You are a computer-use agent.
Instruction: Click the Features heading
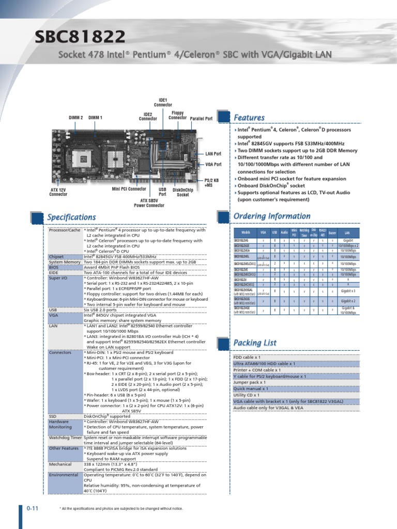click(x=250, y=118)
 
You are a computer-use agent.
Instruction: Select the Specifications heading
click(x=71, y=217)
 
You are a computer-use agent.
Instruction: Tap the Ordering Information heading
click(x=272, y=216)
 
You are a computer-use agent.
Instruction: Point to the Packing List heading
click(x=255, y=343)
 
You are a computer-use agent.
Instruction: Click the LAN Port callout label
click(x=213, y=153)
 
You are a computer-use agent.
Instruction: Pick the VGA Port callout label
click(x=213, y=164)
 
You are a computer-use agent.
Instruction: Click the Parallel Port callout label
click(x=201, y=118)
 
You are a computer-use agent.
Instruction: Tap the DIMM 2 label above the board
click(x=76, y=118)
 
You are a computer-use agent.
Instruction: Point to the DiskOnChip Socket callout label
click(x=183, y=192)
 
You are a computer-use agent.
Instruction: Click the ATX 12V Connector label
click(x=58, y=192)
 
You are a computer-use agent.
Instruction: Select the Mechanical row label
click(x=60, y=464)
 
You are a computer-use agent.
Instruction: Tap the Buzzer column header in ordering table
click(x=332, y=233)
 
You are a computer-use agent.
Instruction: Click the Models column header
click(x=246, y=233)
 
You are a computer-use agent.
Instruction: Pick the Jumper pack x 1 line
click(x=250, y=383)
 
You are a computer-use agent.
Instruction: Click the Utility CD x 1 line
click(x=247, y=395)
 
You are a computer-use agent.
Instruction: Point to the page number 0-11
click(x=33, y=508)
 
